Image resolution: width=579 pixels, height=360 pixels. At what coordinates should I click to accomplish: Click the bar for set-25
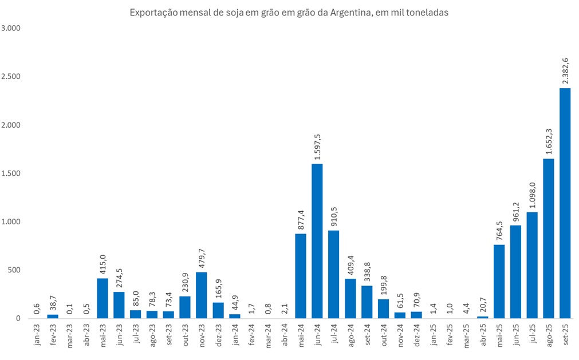click(x=565, y=203)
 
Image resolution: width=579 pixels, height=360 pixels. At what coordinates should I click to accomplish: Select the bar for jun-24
click(x=317, y=241)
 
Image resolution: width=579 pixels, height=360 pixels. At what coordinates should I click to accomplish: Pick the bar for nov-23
click(x=202, y=295)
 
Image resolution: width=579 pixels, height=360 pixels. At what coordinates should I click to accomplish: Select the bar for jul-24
click(x=333, y=274)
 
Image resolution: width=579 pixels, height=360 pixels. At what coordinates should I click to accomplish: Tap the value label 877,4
click(x=300, y=219)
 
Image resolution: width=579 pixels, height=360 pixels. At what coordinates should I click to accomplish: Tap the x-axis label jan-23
click(x=37, y=335)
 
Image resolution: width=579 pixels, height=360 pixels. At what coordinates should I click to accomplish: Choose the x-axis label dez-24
click(x=416, y=335)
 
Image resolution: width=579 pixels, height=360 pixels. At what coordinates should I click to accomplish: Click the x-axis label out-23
click(x=185, y=335)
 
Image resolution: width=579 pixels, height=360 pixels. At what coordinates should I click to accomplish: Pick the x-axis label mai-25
click(x=499, y=335)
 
